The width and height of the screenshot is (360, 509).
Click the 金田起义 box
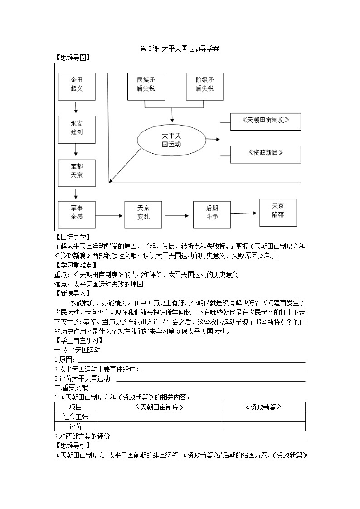point(77,86)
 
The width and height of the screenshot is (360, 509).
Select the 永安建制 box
point(77,129)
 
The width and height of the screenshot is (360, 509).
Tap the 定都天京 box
point(77,172)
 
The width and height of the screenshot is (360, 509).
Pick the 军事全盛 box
point(77,213)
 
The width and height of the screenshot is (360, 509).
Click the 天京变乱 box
point(143,213)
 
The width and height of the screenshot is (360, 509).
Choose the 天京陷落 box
point(278,211)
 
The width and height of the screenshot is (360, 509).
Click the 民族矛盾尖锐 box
point(146,86)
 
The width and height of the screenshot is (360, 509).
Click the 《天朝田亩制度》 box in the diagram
point(265,121)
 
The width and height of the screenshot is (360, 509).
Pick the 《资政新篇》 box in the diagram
point(265,154)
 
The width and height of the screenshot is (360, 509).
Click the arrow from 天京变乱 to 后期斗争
point(177,214)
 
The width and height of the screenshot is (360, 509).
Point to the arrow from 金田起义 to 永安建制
point(76,107)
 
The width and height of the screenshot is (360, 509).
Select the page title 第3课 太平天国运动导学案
point(180,49)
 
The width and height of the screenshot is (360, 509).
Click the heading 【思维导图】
point(72,58)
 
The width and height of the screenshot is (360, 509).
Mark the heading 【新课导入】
point(72,293)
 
